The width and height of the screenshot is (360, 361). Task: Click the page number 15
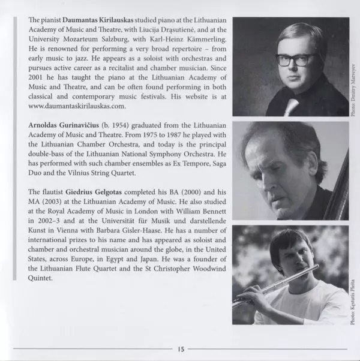coord(179,349)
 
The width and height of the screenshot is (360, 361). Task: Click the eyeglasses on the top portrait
coord(295,59)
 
